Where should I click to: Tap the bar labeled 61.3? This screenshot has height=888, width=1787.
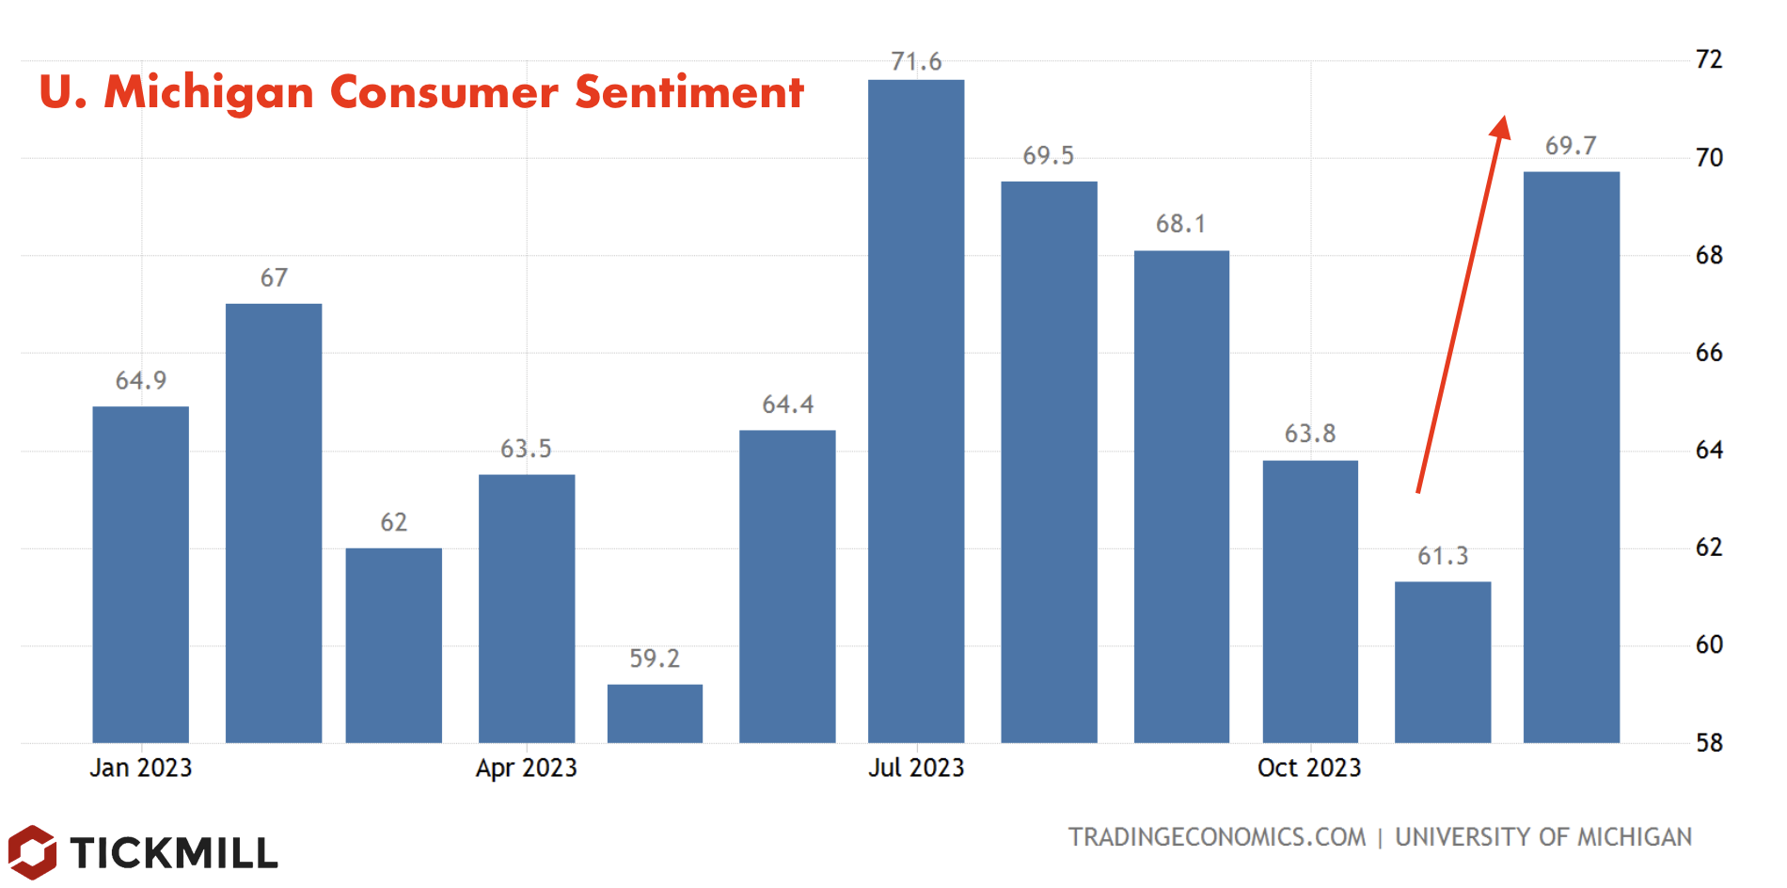pyautogui.click(x=1442, y=662)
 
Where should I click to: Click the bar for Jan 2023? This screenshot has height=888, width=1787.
pyautogui.click(x=140, y=575)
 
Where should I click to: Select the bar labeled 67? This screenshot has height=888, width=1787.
pyautogui.click(x=274, y=523)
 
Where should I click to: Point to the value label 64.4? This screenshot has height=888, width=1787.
pyautogui.click(x=787, y=404)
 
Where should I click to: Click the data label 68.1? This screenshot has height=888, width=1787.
pyautogui.click(x=1180, y=224)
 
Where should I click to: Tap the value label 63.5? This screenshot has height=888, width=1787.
pyautogui.click(x=526, y=449)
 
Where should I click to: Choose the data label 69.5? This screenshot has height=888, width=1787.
pyautogui.click(x=1048, y=155)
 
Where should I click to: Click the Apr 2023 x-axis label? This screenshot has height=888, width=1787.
pyautogui.click(x=526, y=768)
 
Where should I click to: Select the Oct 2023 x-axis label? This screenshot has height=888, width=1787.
pyautogui.click(x=1308, y=768)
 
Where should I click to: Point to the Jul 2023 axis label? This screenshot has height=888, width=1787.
pyautogui.click(x=915, y=768)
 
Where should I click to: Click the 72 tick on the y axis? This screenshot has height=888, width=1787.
pyautogui.click(x=1708, y=59)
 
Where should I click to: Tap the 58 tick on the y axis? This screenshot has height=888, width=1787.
pyautogui.click(x=1708, y=743)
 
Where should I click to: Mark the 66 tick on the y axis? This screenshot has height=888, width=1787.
pyautogui.click(x=1708, y=353)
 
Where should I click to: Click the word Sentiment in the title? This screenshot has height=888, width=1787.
pyautogui.click(x=688, y=92)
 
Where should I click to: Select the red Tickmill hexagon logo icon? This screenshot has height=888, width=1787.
pyautogui.click(x=32, y=852)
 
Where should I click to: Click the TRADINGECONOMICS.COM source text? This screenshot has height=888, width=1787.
pyautogui.click(x=1216, y=836)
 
